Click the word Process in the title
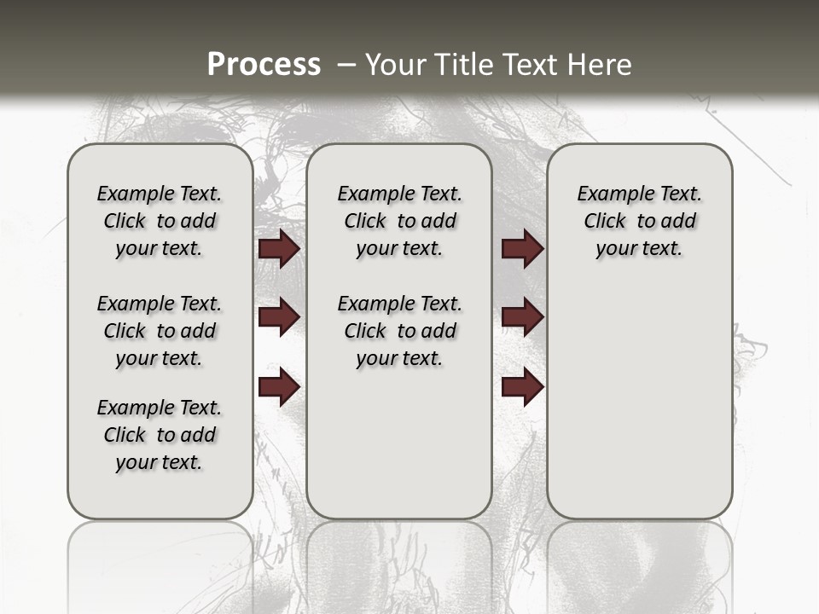click(264, 64)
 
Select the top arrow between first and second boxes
click(279, 249)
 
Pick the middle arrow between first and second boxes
click(279, 317)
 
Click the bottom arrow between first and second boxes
click(279, 387)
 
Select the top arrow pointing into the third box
click(522, 249)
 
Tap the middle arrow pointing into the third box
click(522, 317)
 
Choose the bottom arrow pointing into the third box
click(522, 387)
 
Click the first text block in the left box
click(160, 221)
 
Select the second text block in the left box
click(160, 331)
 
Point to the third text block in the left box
click(160, 435)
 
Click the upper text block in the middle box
click(399, 221)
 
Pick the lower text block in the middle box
click(399, 331)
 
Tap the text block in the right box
click(639, 221)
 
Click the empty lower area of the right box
click(639, 401)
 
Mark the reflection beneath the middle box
click(399, 563)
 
